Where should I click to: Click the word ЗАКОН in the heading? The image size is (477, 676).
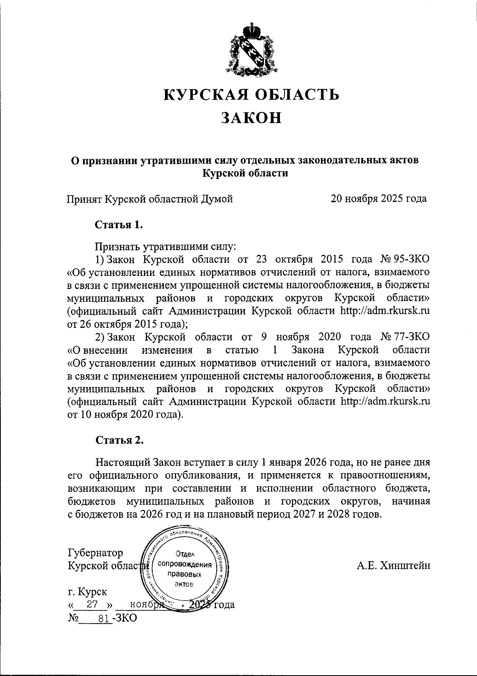(251, 118)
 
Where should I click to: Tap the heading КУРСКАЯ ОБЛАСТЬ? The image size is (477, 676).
(252, 95)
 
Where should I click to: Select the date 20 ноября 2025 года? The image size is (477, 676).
(379, 198)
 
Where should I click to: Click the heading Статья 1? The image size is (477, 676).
(118, 225)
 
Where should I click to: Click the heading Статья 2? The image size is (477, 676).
(118, 440)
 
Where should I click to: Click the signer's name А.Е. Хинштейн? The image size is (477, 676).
(393, 566)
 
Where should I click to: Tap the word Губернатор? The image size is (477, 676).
(95, 553)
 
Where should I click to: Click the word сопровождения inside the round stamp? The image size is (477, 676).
(184, 564)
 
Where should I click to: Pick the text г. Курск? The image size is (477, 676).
(87, 592)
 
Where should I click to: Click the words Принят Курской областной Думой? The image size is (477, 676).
(149, 198)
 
